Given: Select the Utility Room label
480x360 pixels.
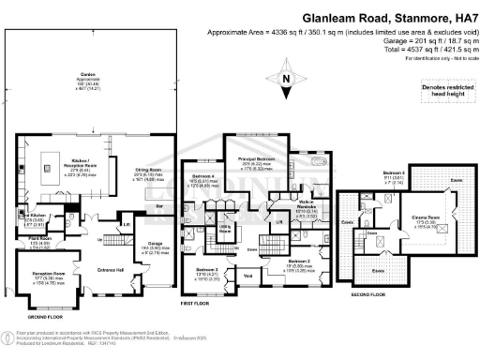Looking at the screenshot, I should click(225, 228).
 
